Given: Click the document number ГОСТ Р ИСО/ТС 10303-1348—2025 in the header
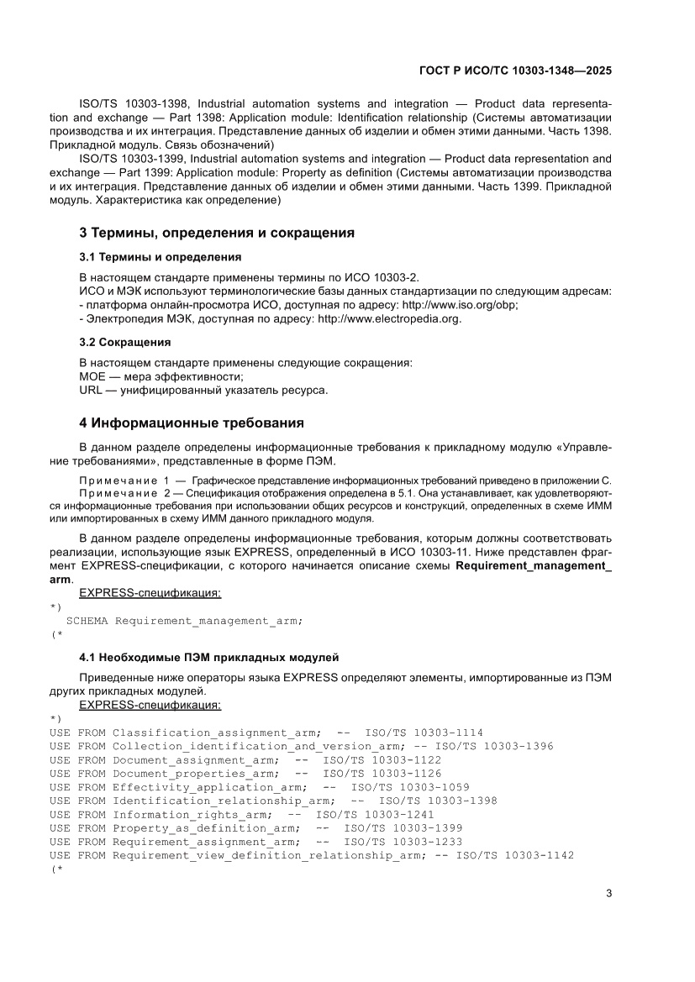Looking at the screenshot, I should tap(515, 71).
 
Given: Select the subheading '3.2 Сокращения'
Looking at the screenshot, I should tap(124, 342).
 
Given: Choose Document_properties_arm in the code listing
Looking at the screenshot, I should tap(195, 773).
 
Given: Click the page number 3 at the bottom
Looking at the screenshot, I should tap(608, 893).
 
